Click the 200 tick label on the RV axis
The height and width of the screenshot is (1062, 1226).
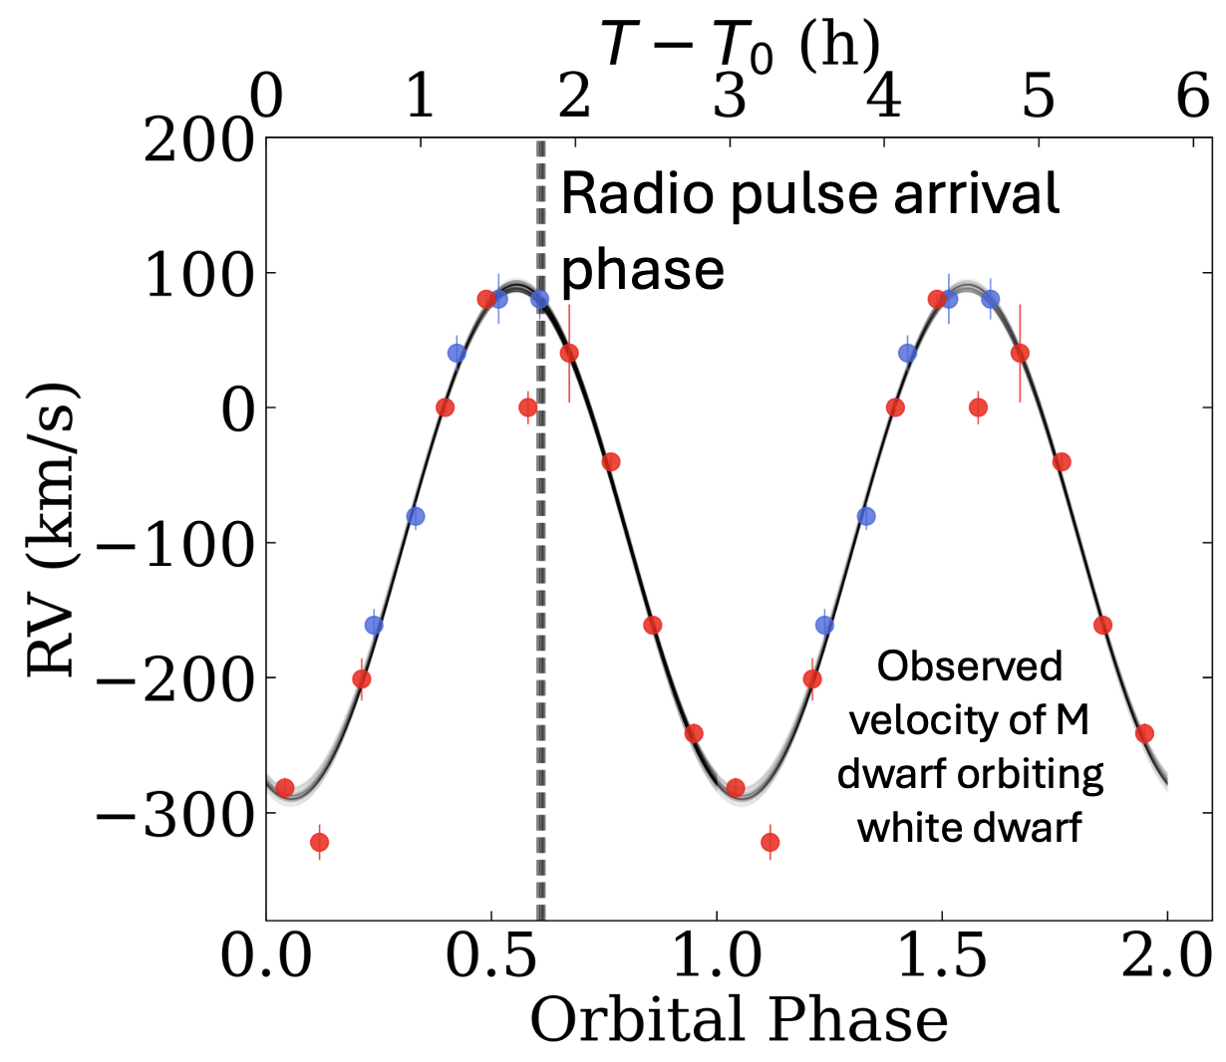[x=197, y=141]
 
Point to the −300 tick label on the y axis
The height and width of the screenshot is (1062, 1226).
[x=174, y=816]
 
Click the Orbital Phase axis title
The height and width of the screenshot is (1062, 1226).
[x=739, y=1020]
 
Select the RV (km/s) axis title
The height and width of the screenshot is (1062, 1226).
[x=52, y=528]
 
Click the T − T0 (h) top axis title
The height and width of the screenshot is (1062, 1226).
[x=740, y=46]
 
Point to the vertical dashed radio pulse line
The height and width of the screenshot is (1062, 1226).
[x=541, y=598]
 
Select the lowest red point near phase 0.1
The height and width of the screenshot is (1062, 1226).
[x=319, y=842]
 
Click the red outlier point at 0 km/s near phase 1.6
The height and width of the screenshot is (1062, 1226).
[x=978, y=406]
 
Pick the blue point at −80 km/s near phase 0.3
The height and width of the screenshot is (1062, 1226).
[x=416, y=516]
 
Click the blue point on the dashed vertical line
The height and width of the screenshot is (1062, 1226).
[x=539, y=298]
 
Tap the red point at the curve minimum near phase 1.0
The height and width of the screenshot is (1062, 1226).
[x=736, y=788]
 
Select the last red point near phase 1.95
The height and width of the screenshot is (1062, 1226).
[x=1144, y=733]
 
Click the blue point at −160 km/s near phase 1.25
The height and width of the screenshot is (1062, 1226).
[x=824, y=625]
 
